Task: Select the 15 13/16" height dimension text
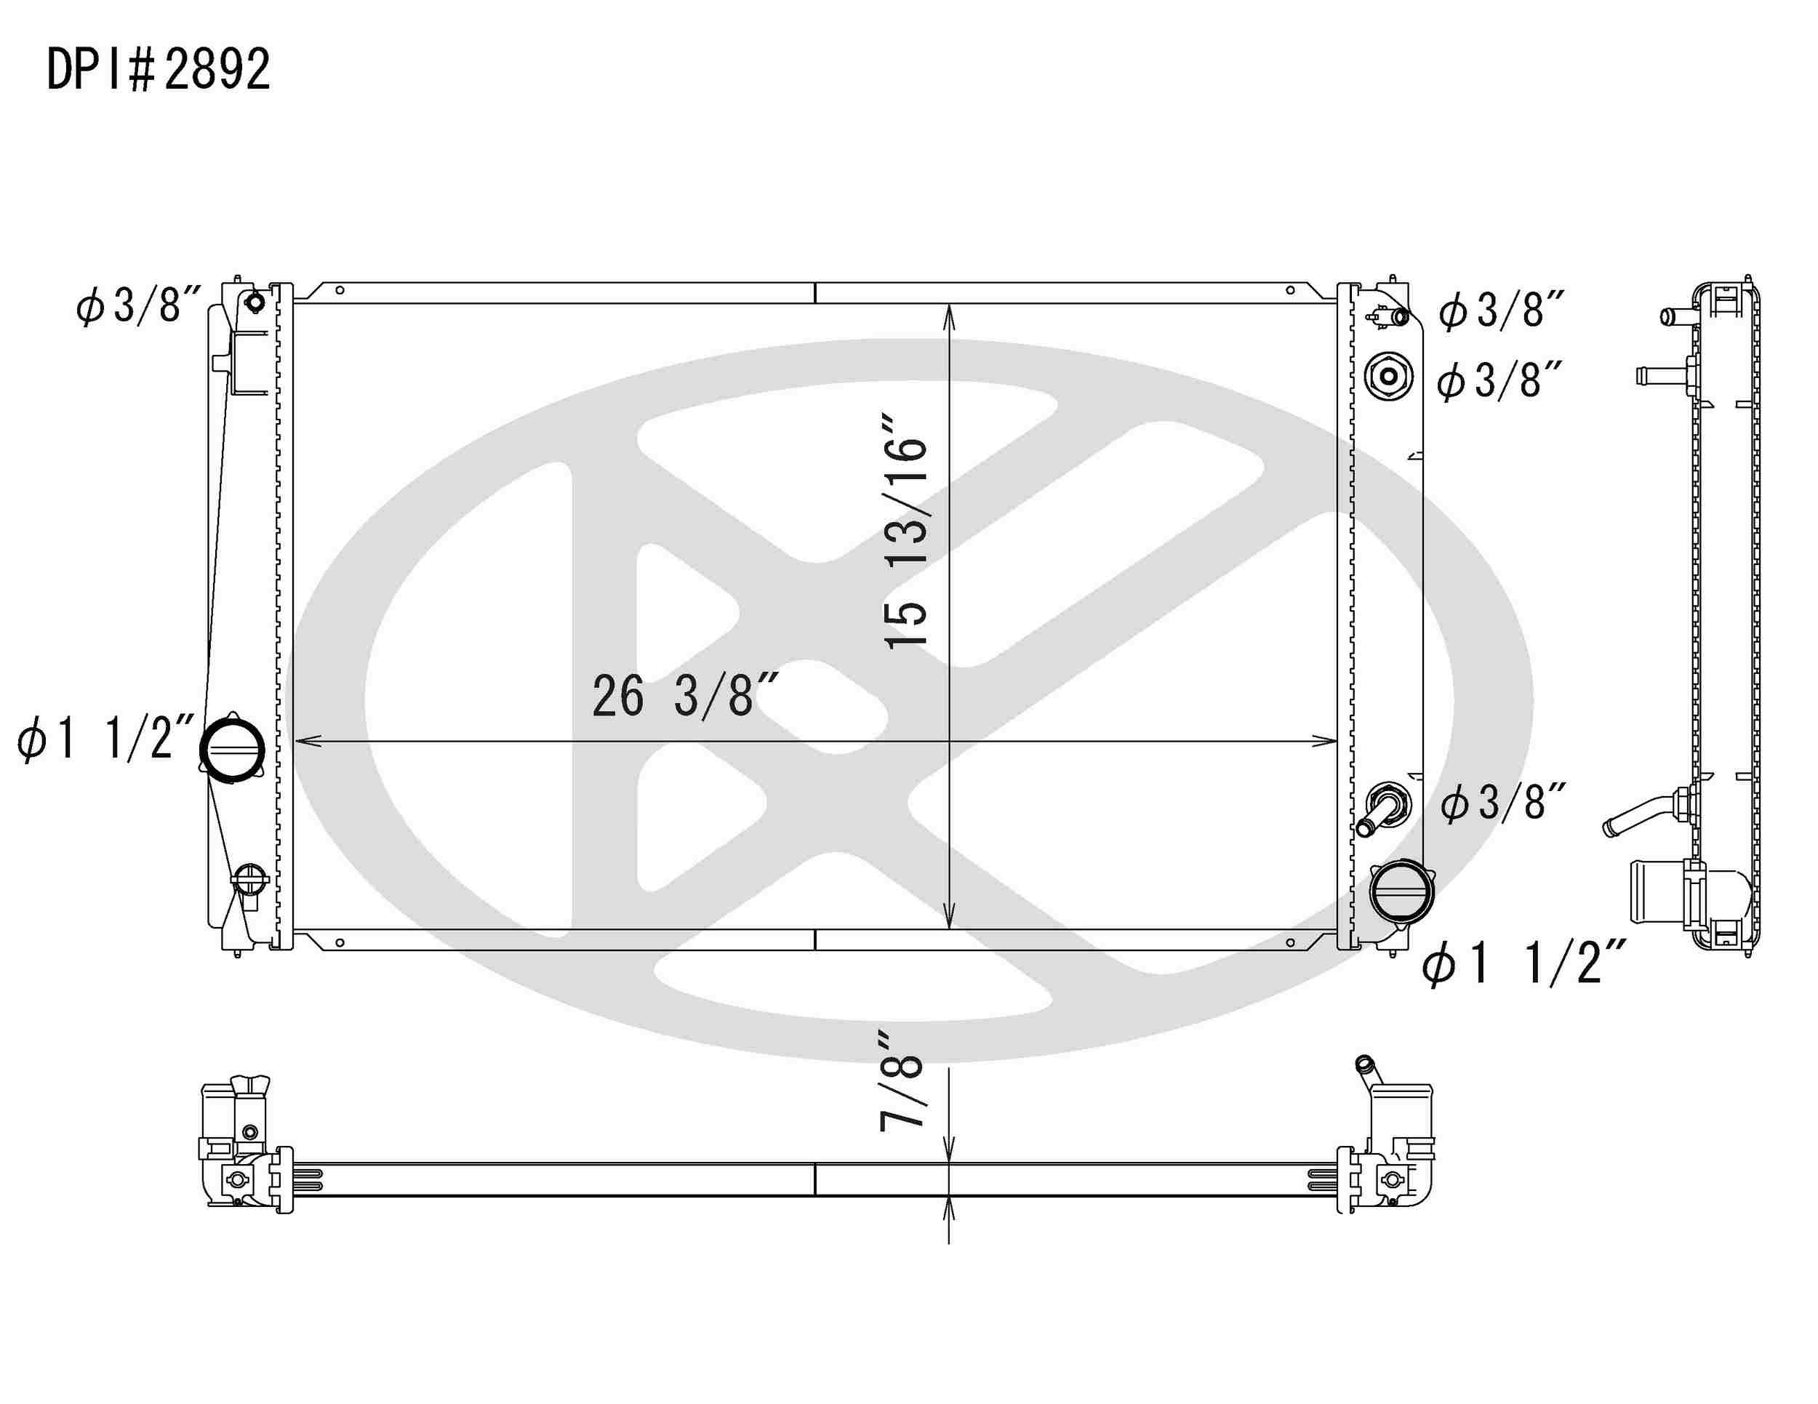(x=905, y=531)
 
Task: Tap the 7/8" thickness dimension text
(x=902, y=1081)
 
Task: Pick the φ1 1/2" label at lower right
(x=1523, y=963)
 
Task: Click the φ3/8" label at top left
(x=138, y=305)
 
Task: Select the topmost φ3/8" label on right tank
(x=1502, y=310)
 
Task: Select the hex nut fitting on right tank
(x=1388, y=376)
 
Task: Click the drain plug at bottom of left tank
(x=249, y=879)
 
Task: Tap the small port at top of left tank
(x=255, y=301)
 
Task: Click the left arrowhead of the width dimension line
(x=304, y=741)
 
